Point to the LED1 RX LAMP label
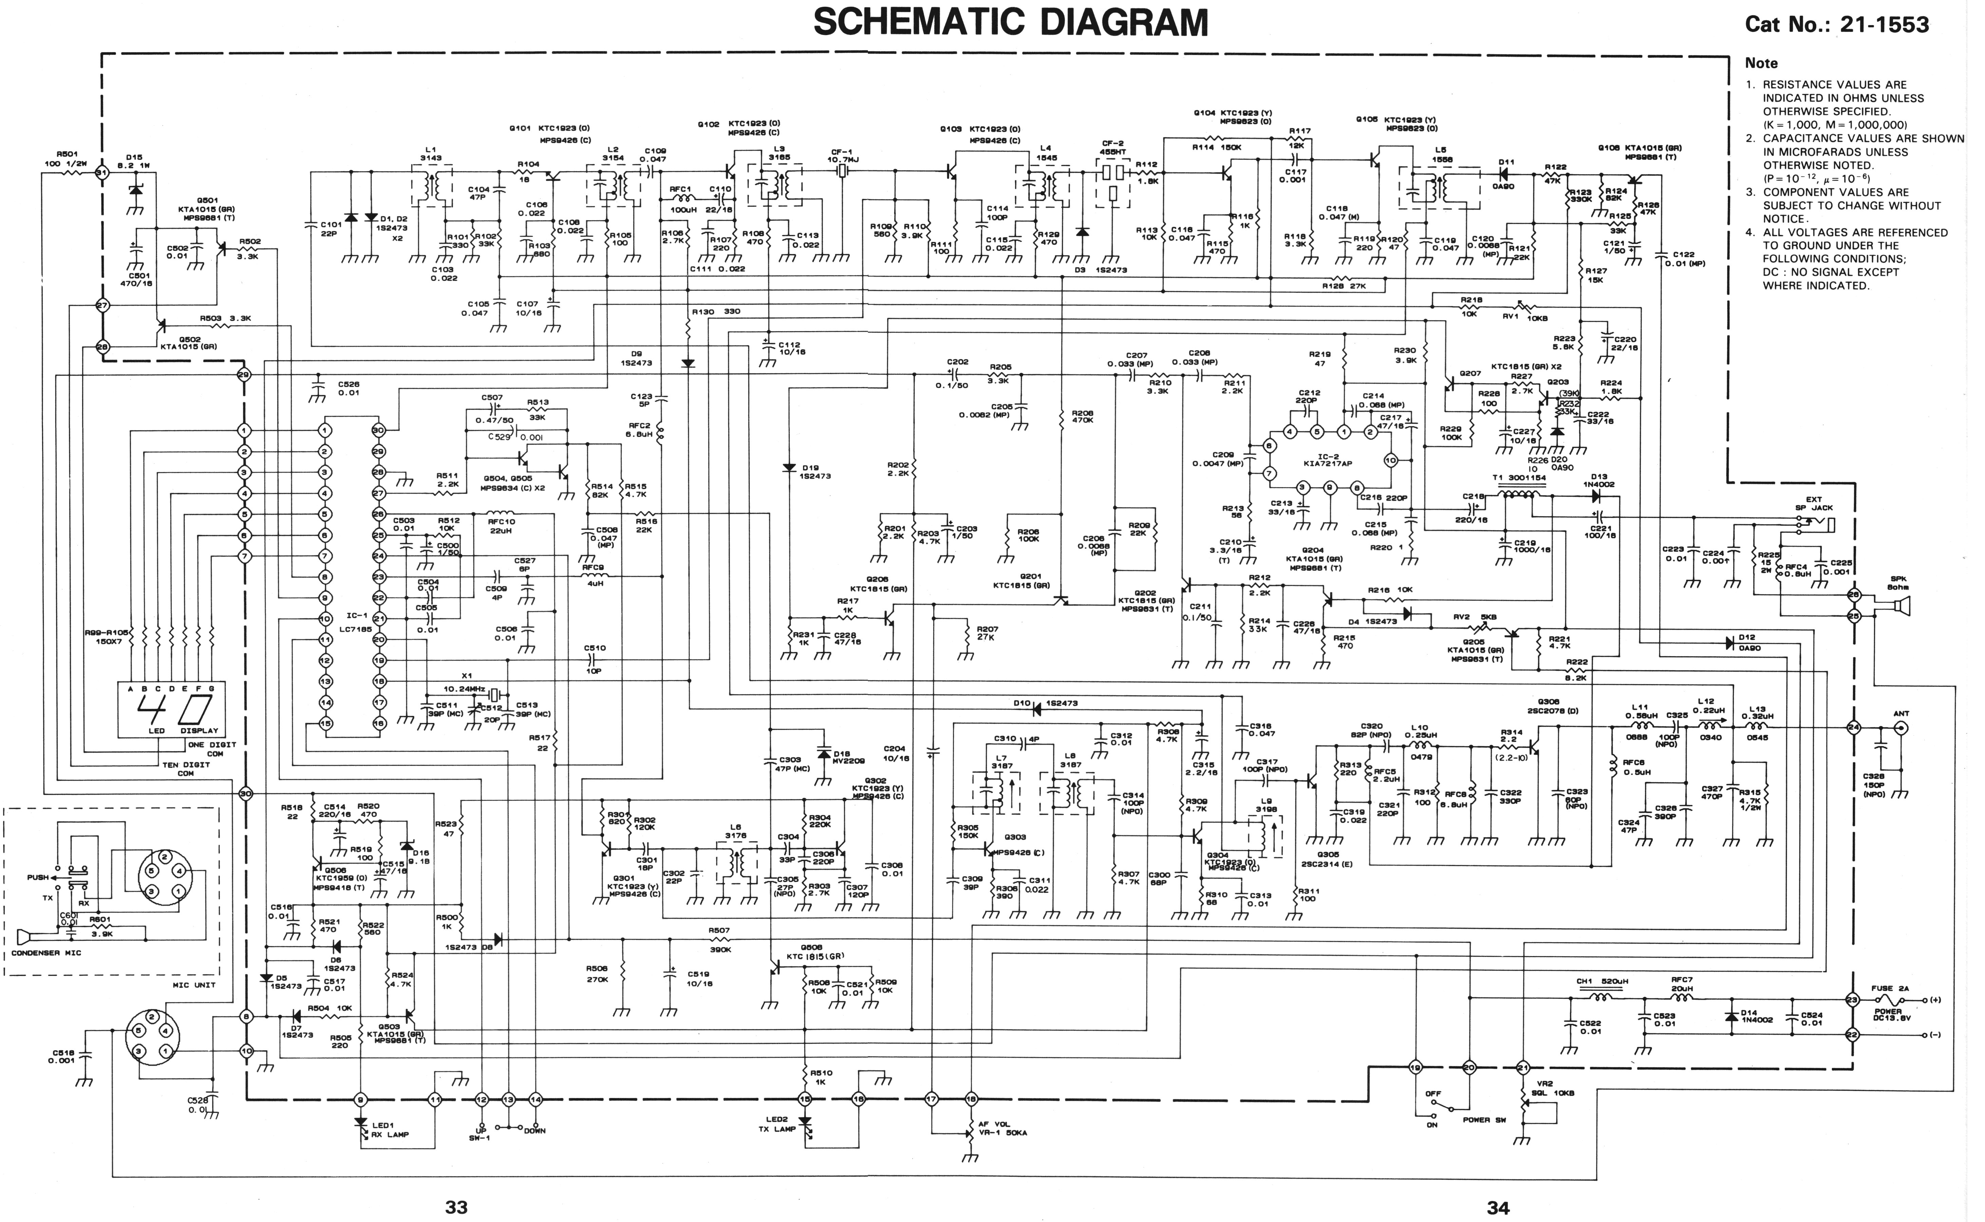coord(390,1129)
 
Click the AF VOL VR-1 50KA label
coord(1002,1128)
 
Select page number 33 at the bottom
coord(457,1207)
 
